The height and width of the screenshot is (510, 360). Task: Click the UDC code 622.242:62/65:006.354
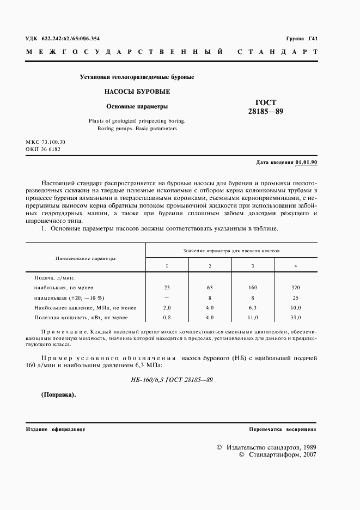pyautogui.click(x=70, y=39)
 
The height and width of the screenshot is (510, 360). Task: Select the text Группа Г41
pyautogui.click(x=302, y=39)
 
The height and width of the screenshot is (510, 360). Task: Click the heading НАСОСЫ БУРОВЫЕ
pyautogui.click(x=130, y=92)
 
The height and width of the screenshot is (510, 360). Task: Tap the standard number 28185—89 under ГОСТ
pyautogui.click(x=262, y=112)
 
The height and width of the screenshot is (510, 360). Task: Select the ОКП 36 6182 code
pyautogui.click(x=43, y=149)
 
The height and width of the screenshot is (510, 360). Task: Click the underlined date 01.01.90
pyautogui.click(x=307, y=162)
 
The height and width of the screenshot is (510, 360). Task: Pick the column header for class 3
pyautogui.click(x=253, y=265)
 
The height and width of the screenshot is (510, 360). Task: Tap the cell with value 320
pyautogui.click(x=295, y=287)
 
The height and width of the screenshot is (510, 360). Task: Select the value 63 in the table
pyautogui.click(x=210, y=287)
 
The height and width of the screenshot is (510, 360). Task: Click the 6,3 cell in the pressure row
pyautogui.click(x=253, y=307)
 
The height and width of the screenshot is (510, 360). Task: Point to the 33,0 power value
pyautogui.click(x=295, y=317)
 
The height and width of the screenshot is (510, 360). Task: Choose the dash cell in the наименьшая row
pyautogui.click(x=167, y=297)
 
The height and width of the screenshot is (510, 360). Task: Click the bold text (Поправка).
pyautogui.click(x=59, y=395)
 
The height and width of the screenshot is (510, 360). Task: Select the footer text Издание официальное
pyautogui.click(x=56, y=429)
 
